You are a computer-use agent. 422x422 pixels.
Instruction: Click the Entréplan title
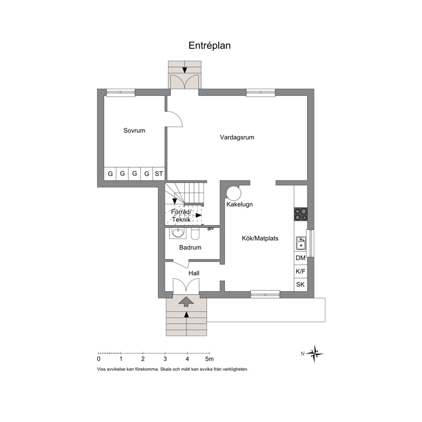click(209, 46)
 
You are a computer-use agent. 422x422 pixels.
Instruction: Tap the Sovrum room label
click(134, 131)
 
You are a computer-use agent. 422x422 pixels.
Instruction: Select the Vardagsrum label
click(237, 137)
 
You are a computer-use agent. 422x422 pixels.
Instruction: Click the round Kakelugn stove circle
click(234, 193)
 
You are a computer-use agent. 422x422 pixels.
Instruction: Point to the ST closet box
click(159, 174)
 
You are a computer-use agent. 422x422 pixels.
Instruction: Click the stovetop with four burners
click(301, 214)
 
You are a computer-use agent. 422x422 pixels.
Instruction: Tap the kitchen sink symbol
click(301, 243)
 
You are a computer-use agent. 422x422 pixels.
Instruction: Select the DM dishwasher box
click(301, 258)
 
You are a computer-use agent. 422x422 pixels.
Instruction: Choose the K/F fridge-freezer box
click(301, 271)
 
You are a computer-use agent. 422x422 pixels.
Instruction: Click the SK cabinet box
click(301, 285)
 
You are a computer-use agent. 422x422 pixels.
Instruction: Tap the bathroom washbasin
click(178, 233)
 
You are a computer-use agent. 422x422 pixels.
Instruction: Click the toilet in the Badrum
click(195, 234)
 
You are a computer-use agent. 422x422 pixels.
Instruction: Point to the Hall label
click(194, 273)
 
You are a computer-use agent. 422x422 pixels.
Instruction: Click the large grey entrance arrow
click(186, 302)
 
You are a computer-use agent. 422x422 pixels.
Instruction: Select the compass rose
click(314, 354)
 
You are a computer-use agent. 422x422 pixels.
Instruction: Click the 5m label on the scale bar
click(209, 359)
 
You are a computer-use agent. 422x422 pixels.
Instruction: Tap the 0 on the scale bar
click(99, 359)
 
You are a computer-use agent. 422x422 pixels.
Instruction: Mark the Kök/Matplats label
click(260, 238)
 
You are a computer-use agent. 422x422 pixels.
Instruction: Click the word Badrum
click(190, 247)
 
